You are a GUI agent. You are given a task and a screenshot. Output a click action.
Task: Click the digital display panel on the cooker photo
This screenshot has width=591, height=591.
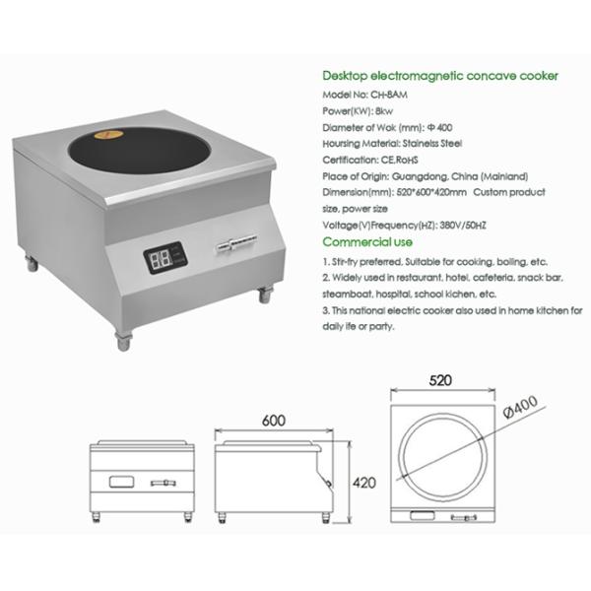(165, 257)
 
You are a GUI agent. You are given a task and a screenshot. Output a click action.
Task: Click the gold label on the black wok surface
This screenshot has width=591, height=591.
(108, 134)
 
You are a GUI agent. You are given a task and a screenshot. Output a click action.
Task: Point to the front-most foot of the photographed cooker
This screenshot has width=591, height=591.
(124, 341)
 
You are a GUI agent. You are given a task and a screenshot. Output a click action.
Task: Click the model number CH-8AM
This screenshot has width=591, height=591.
(389, 95)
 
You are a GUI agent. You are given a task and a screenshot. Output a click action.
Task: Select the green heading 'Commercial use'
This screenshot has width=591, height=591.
(367, 242)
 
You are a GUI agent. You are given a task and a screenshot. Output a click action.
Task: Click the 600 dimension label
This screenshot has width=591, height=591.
(274, 421)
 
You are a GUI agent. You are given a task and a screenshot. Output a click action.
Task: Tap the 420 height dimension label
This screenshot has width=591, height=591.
(364, 483)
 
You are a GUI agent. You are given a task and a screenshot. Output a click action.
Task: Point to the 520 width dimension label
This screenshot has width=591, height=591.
(440, 380)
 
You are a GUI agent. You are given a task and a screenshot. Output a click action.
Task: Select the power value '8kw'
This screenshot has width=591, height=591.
(384, 111)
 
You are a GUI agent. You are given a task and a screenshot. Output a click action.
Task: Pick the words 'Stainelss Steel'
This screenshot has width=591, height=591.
(432, 144)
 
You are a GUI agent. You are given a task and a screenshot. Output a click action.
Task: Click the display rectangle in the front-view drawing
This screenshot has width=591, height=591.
(121, 482)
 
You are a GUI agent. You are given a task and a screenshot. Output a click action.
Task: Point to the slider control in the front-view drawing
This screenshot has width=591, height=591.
(163, 483)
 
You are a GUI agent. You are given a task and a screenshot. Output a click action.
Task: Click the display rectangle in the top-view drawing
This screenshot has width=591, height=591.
(423, 515)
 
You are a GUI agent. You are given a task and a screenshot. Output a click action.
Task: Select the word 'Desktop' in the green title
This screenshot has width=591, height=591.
(345, 76)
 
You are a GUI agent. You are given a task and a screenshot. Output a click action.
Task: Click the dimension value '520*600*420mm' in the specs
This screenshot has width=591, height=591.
(431, 192)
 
